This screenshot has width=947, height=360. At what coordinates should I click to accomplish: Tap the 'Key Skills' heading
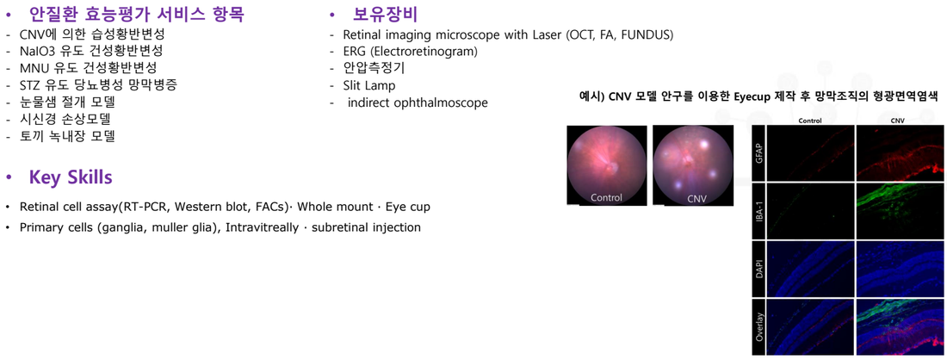tap(70, 178)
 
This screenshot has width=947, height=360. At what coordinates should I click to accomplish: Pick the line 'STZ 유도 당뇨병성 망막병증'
tap(98, 85)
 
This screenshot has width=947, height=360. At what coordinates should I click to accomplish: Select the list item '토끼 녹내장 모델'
tap(67, 137)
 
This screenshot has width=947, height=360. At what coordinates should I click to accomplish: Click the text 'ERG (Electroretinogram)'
tap(410, 52)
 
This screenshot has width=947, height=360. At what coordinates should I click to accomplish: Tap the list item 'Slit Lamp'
tap(369, 86)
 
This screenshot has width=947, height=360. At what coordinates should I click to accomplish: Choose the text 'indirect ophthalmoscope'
tap(418, 102)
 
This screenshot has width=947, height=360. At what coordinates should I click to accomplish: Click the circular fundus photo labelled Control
tap(606, 165)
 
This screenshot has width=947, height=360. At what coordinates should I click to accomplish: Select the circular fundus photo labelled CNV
tap(692, 165)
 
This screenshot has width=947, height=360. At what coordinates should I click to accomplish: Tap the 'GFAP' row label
tap(758, 152)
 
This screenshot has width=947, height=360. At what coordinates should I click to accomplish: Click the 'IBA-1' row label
tap(758, 212)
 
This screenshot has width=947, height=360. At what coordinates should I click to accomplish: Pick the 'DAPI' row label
tap(758, 269)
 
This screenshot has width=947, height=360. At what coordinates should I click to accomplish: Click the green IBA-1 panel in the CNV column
tap(900, 211)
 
